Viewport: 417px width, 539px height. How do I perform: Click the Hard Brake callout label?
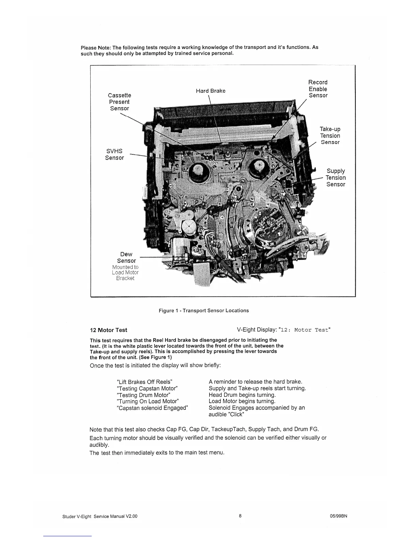click(211, 91)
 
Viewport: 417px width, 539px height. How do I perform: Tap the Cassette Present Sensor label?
click(119, 102)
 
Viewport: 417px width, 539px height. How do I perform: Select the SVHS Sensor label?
click(114, 154)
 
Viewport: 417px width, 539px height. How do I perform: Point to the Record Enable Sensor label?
click(318, 89)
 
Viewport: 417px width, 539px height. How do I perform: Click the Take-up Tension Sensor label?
click(330, 135)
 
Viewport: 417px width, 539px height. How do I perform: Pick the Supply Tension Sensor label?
click(336, 177)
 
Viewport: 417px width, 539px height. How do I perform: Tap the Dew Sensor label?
click(126, 257)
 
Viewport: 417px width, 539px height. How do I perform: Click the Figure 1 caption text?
click(204, 310)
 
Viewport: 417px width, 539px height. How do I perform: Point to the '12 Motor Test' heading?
click(108, 330)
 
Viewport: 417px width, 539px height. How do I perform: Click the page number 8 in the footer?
click(240, 516)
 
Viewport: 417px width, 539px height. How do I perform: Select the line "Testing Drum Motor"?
click(143, 395)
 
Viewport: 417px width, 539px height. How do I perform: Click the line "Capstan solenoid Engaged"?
click(152, 408)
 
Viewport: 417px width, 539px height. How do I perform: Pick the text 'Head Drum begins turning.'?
click(242, 395)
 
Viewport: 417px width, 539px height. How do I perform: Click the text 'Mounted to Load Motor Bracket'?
click(125, 273)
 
